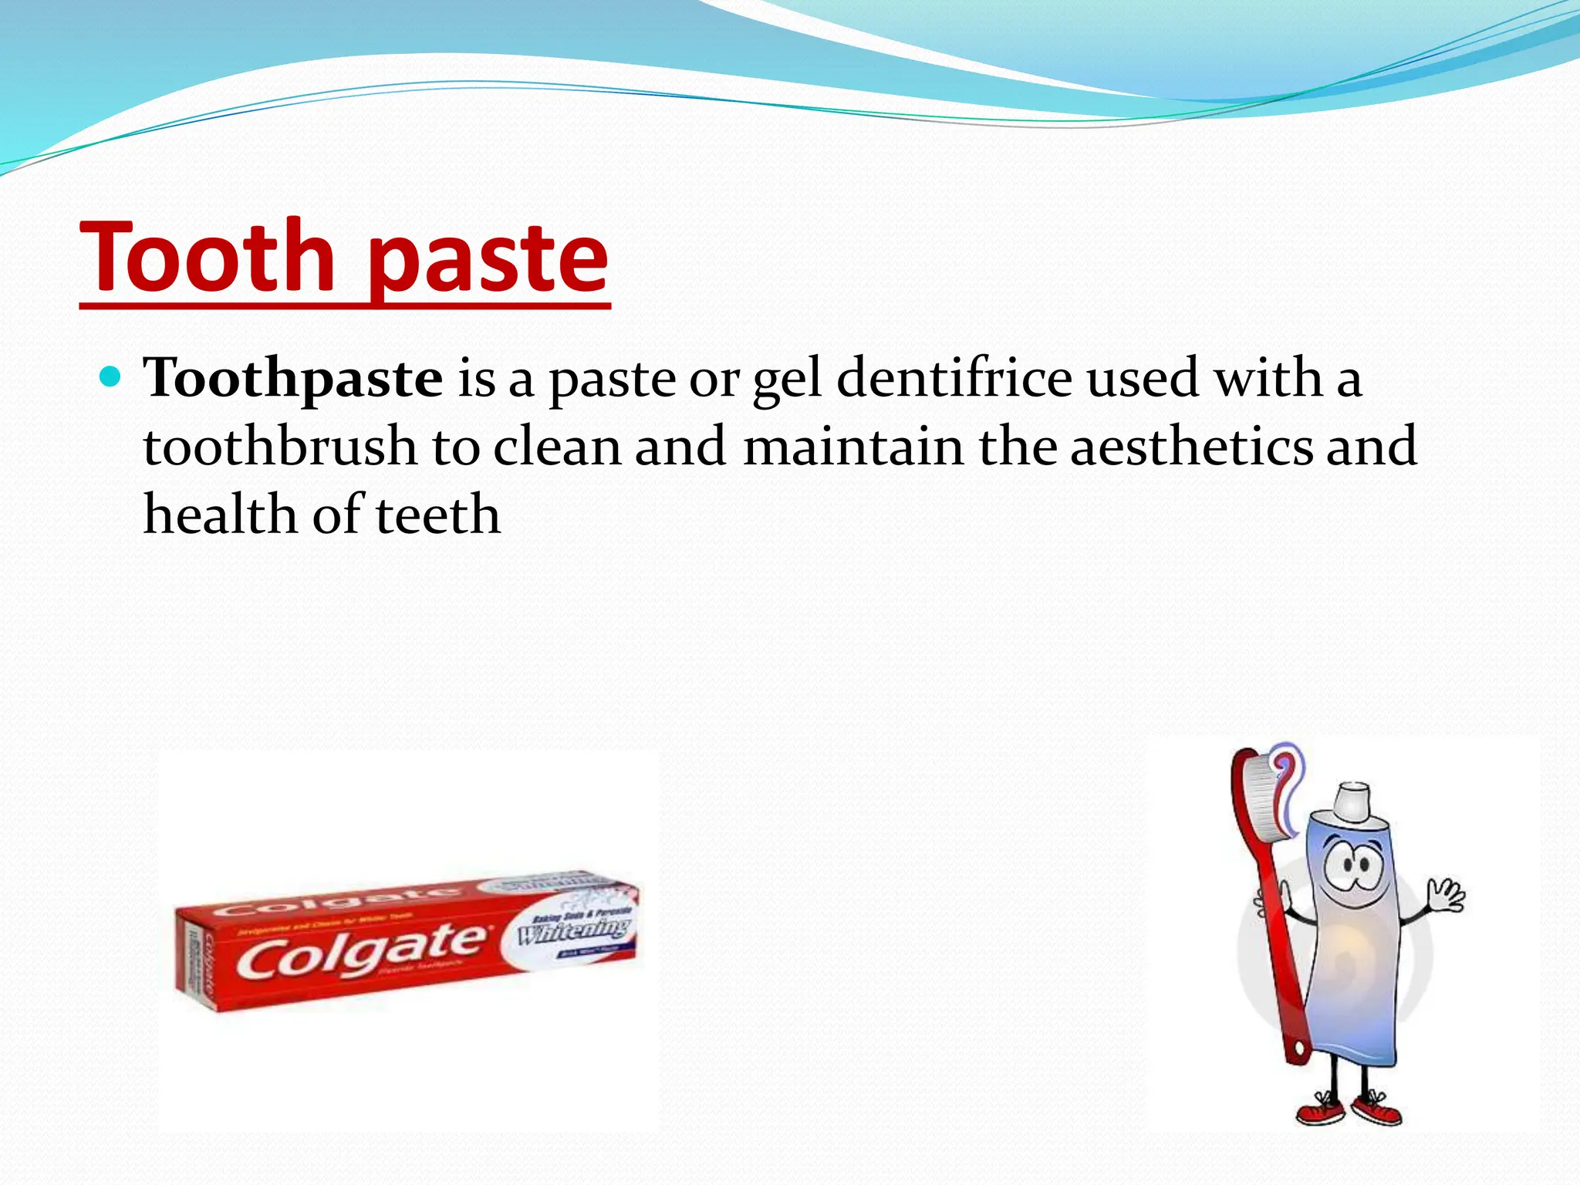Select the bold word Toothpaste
pyautogui.click(x=293, y=378)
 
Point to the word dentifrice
pyautogui.click(x=954, y=378)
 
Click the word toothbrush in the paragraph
pyautogui.click(x=279, y=447)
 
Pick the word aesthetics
pyautogui.click(x=1191, y=447)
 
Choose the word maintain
pyautogui.click(x=853, y=447)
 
